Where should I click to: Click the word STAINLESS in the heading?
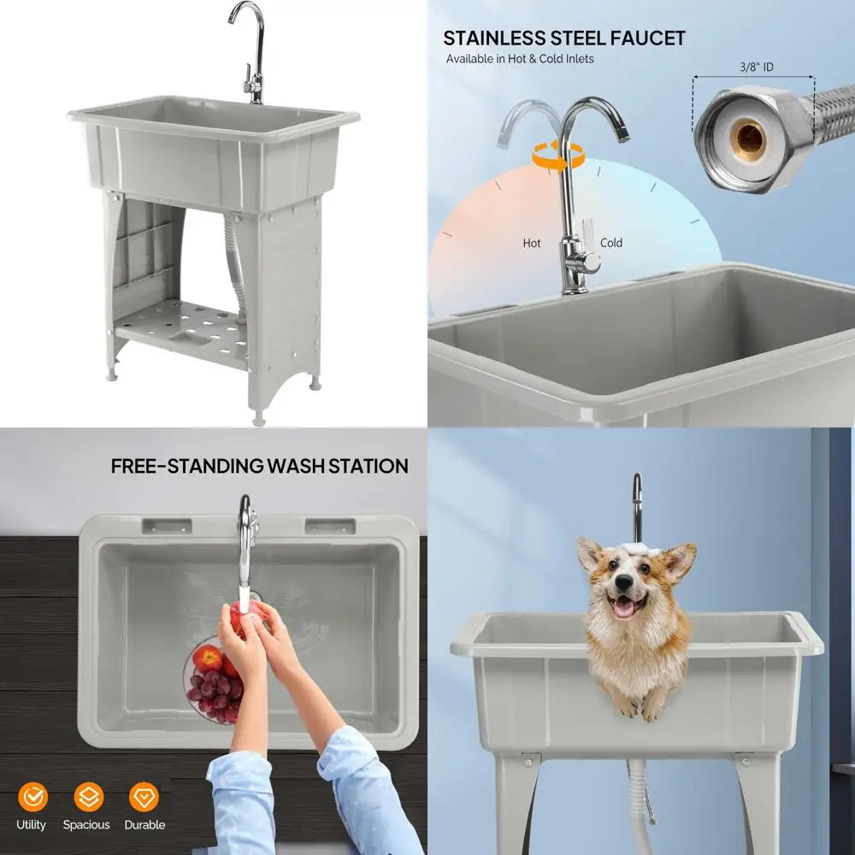click(x=495, y=38)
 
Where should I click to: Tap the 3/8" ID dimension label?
click(x=756, y=67)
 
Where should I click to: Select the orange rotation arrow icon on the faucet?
click(x=558, y=155)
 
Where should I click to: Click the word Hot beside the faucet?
click(x=532, y=243)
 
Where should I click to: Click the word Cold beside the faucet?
click(x=611, y=243)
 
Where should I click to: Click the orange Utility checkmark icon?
click(x=32, y=797)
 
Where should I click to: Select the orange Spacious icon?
click(x=87, y=797)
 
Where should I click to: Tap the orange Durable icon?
click(x=144, y=797)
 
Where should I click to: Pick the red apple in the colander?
click(x=206, y=657)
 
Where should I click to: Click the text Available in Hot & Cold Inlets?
click(x=520, y=59)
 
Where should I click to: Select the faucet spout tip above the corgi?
click(x=636, y=481)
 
